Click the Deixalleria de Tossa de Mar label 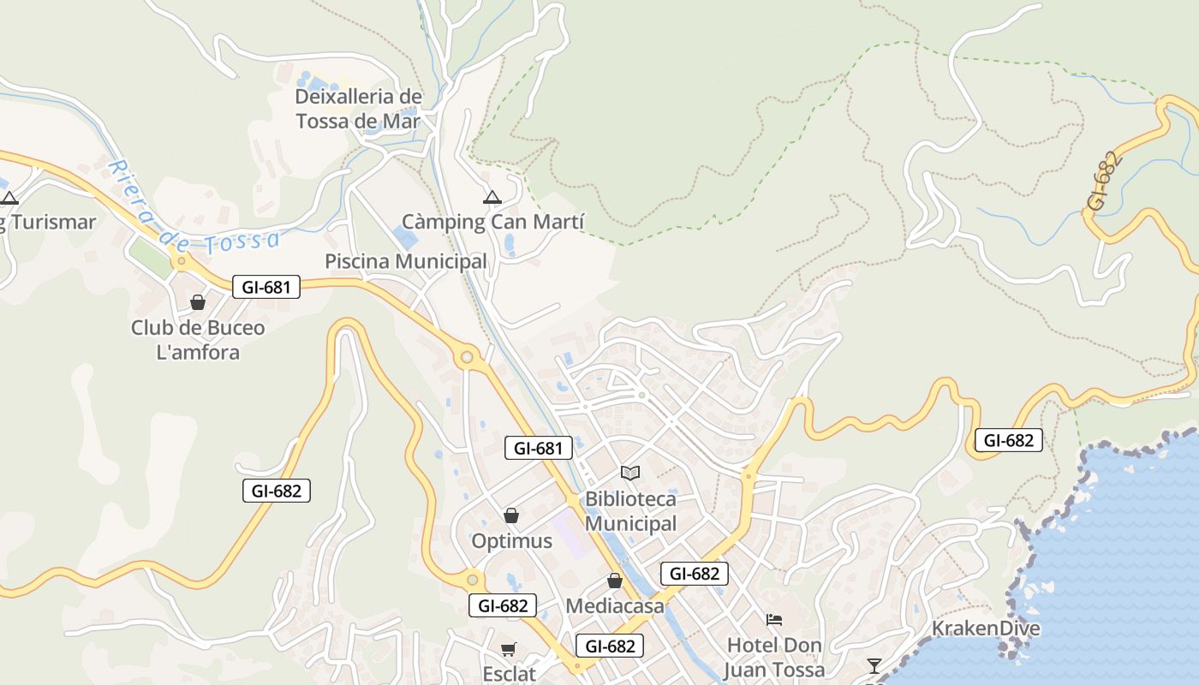click(358, 109)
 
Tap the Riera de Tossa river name click(194, 206)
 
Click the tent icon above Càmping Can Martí click(492, 198)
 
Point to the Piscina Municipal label click(406, 261)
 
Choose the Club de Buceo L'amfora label click(198, 340)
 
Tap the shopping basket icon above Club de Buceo click(198, 302)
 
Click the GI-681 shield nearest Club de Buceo click(266, 288)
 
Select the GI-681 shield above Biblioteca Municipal click(539, 448)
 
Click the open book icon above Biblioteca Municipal click(630, 473)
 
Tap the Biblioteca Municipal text click(630, 511)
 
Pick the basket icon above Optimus click(511, 515)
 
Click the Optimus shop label click(511, 541)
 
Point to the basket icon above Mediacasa click(614, 581)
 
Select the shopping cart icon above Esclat click(509, 650)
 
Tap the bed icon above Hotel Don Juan click(774, 620)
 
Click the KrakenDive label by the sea click(986, 628)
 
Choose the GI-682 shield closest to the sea click(1009, 441)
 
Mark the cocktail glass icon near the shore click(874, 665)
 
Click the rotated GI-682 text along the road click(1103, 182)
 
